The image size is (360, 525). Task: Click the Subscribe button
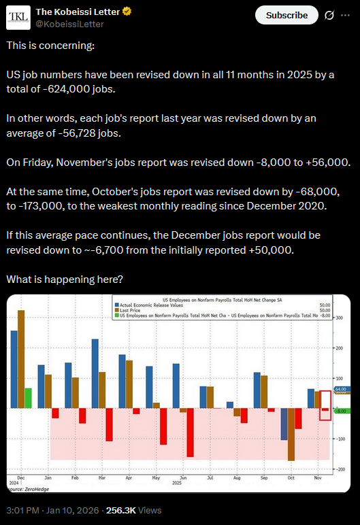(287, 15)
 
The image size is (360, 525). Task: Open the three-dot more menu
(347, 15)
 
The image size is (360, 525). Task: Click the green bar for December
(28, 398)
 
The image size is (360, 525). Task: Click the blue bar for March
(95, 373)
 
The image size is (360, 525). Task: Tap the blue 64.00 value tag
(341, 389)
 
